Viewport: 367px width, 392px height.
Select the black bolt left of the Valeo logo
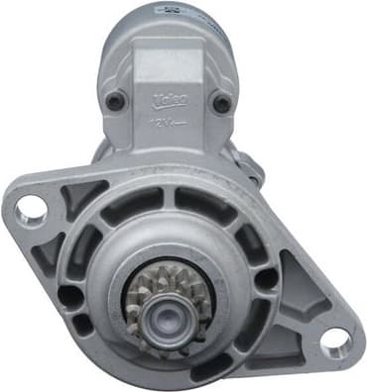point(117,101)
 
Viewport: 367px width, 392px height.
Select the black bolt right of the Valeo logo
point(223,103)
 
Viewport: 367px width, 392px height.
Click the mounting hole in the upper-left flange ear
point(32,208)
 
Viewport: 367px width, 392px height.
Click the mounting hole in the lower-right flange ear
point(334,342)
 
